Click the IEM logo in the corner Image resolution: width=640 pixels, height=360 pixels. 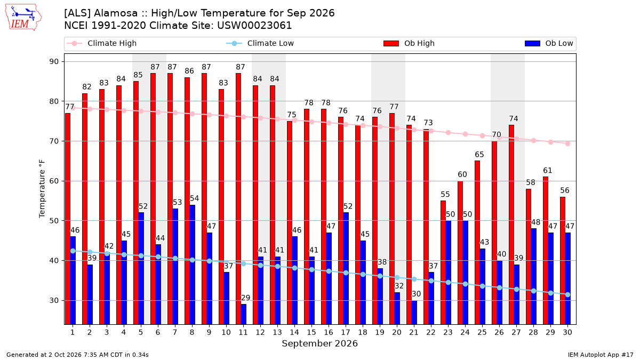[x=23, y=18]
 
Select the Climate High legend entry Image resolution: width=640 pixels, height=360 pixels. [x=101, y=43]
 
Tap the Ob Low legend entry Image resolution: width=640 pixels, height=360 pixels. [x=549, y=43]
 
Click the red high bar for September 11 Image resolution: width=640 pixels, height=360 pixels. [x=238, y=199]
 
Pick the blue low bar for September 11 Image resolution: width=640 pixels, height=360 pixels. [x=243, y=314]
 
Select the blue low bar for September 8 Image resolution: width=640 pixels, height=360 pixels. [x=193, y=265]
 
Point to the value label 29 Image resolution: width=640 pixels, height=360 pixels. [x=245, y=298]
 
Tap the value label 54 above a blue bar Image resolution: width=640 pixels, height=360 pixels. [x=194, y=198]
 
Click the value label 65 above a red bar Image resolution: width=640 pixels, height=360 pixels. [x=479, y=155]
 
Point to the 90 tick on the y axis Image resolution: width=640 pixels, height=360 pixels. [x=54, y=62]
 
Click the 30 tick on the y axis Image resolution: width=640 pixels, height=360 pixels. [x=54, y=301]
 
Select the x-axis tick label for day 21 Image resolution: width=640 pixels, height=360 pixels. [x=414, y=332]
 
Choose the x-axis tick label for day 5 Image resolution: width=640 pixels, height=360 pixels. [x=141, y=332]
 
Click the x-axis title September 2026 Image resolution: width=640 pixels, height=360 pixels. [x=319, y=343]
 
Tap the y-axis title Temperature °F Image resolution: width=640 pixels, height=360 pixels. [x=42, y=189]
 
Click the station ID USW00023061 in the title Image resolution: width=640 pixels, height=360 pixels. [x=254, y=26]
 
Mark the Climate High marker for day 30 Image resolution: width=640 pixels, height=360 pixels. [x=567, y=143]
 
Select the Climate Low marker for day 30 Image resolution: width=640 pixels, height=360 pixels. [x=567, y=294]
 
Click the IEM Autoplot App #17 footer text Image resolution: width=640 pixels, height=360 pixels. [x=601, y=355]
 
